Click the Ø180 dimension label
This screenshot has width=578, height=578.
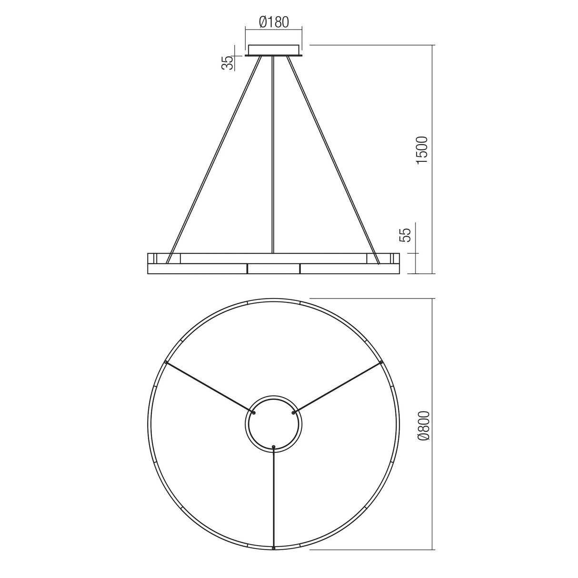[274, 22]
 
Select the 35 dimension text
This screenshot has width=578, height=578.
[229, 63]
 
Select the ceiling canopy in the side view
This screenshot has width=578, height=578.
[273, 50]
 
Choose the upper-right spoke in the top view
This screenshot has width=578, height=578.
[338, 387]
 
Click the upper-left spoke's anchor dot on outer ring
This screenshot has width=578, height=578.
[165, 362]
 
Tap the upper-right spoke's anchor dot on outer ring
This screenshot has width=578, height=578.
[382, 362]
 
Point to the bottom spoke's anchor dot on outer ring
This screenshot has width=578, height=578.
[273, 548]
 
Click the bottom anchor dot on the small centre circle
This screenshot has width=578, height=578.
[273, 446]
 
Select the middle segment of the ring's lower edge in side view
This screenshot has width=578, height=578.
[273, 269]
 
